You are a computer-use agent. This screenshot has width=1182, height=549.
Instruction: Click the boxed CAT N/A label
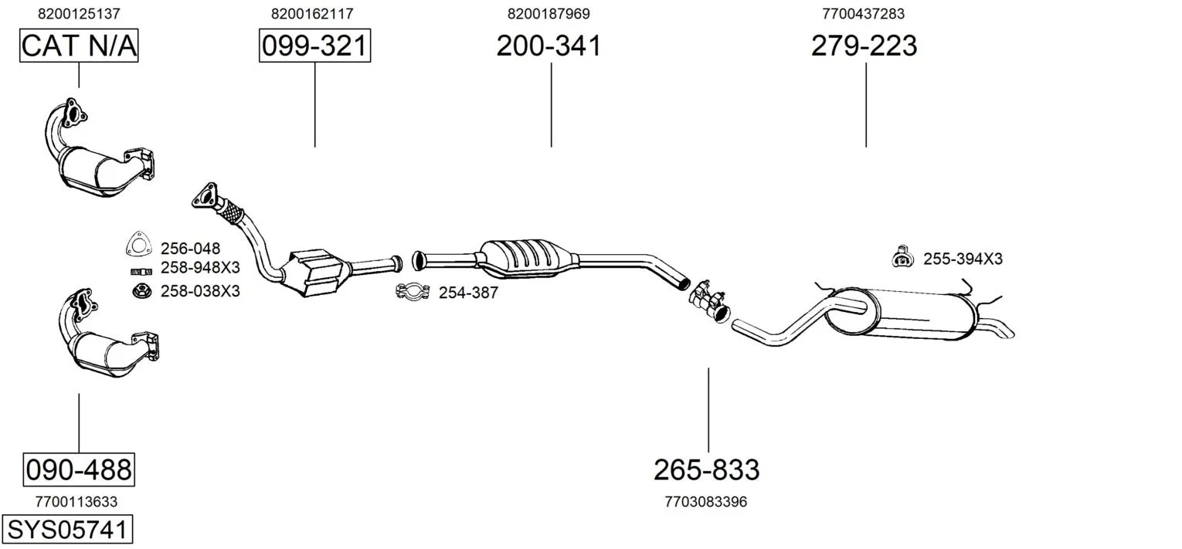79,46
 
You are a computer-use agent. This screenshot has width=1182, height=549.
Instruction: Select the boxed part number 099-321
314,46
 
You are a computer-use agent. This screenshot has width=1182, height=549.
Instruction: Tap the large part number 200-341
549,46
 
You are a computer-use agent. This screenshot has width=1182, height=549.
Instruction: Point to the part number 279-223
864,46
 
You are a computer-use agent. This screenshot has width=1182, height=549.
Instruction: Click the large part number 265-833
707,469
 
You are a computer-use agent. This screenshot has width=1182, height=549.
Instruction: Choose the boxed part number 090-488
79,469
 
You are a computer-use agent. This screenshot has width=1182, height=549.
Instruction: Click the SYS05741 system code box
67,529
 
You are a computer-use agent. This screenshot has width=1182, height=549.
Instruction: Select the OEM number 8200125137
79,14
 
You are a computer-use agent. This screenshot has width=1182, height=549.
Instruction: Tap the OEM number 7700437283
863,14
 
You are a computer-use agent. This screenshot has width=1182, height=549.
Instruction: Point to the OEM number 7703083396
706,502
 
